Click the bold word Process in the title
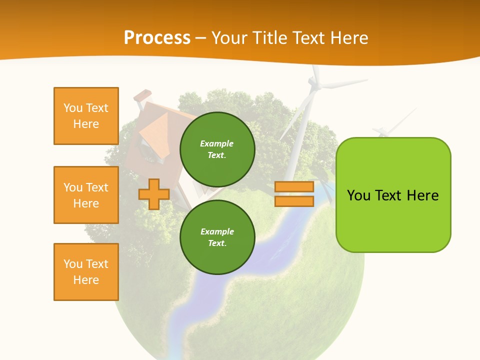pos(157,38)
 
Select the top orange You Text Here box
pos(86,116)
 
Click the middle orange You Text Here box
pos(86,195)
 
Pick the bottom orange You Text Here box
pos(86,272)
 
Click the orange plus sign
pos(153,194)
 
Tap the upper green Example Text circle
pos(217,149)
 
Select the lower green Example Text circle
pos(217,237)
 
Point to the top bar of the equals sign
pos(294,187)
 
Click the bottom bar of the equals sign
pos(294,201)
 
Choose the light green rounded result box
pos(393,195)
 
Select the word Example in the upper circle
pos(217,143)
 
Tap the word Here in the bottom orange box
pos(86,280)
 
